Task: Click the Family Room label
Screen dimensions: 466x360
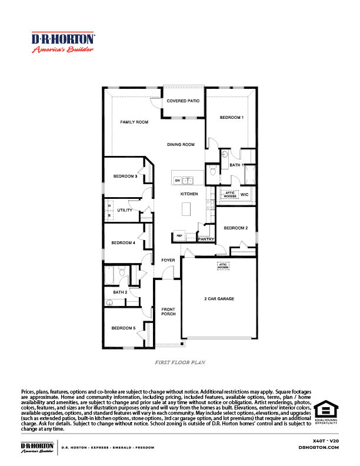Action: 134,122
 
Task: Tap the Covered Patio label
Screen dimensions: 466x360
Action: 183,101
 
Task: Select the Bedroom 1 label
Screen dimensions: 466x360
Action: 231,118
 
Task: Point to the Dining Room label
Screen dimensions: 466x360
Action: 181,144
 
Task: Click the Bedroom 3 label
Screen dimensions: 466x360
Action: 125,176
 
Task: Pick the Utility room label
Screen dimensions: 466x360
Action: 125,210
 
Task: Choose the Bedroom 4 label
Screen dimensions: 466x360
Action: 124,242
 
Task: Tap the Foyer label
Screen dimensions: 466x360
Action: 168,259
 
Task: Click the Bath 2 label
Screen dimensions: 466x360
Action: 120,292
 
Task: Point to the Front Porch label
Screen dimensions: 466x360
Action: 168,312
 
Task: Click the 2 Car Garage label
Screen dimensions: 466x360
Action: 219,299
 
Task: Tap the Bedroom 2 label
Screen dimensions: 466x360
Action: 235,228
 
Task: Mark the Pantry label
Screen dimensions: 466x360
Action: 206,239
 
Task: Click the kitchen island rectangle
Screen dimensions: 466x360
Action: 188,209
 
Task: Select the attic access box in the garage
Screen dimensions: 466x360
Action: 224,266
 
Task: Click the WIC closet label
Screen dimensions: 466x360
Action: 245,194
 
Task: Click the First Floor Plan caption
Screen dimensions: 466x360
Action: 180,364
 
